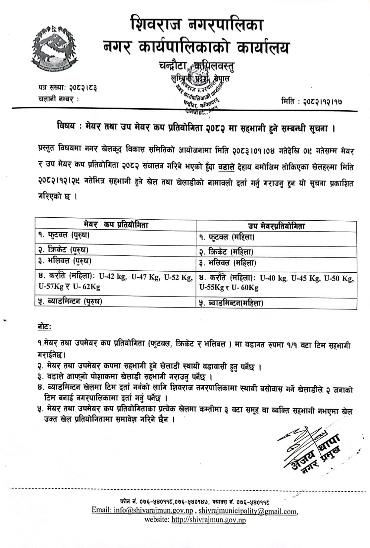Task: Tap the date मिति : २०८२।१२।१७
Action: tap(311, 101)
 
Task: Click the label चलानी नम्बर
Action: tap(58, 99)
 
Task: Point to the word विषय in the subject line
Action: tap(66, 126)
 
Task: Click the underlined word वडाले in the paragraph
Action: tap(226, 167)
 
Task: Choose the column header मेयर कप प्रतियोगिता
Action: tap(116, 225)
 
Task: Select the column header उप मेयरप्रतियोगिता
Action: tap(276, 226)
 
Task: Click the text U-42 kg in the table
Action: tap(112, 277)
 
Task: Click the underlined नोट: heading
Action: tap(44, 327)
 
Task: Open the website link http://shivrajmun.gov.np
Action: tap(208, 520)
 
